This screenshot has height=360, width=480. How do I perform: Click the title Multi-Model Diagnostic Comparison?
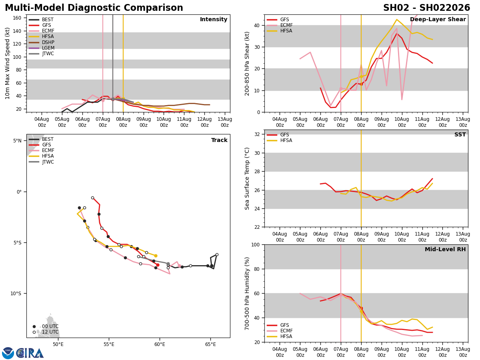point(94,8)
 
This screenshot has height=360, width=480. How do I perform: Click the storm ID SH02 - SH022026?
point(426,8)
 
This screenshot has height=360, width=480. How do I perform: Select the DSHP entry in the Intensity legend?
point(48,42)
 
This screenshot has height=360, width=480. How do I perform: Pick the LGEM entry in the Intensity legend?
point(48,48)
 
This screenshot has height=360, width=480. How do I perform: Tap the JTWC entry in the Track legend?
point(48,162)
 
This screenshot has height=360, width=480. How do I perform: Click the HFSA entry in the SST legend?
point(286,140)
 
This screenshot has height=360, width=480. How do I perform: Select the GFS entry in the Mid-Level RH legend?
point(285,325)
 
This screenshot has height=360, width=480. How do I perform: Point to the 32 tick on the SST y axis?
point(258,134)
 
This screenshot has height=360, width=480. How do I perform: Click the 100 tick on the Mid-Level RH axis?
point(256,244)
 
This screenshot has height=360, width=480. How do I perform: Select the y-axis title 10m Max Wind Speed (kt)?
point(8,63)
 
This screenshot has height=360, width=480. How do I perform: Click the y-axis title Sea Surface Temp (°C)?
point(247,178)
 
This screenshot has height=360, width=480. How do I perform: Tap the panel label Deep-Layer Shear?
point(438,20)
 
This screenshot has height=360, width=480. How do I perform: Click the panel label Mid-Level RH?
point(444,250)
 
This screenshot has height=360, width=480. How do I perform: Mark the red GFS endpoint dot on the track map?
point(158,265)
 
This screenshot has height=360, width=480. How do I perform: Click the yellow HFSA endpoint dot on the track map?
point(156,256)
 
